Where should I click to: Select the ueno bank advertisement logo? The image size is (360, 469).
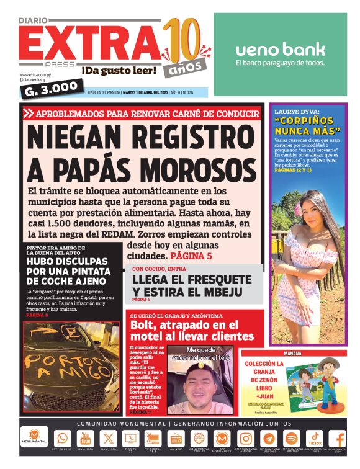[280, 50]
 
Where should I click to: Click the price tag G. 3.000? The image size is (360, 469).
[52, 86]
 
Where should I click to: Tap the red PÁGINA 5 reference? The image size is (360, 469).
[191, 256]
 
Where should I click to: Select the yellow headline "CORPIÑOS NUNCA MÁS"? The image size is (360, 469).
[308, 126]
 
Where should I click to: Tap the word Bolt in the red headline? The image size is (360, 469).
[146, 325]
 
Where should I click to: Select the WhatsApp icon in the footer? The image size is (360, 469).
[62, 438]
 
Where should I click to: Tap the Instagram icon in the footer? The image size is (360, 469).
[245, 438]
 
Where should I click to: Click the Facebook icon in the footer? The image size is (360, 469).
[339, 438]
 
